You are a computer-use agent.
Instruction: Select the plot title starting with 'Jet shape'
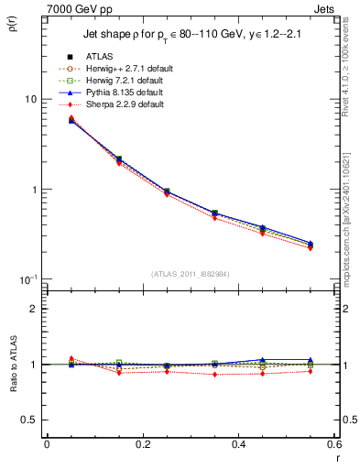pos(188,36)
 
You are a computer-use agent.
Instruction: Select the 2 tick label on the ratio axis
pos(35,309)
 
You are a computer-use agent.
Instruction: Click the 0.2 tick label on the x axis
pos(143,443)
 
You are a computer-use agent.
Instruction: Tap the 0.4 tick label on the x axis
pos(238,443)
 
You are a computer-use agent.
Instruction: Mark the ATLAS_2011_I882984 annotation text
pos(191,274)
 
